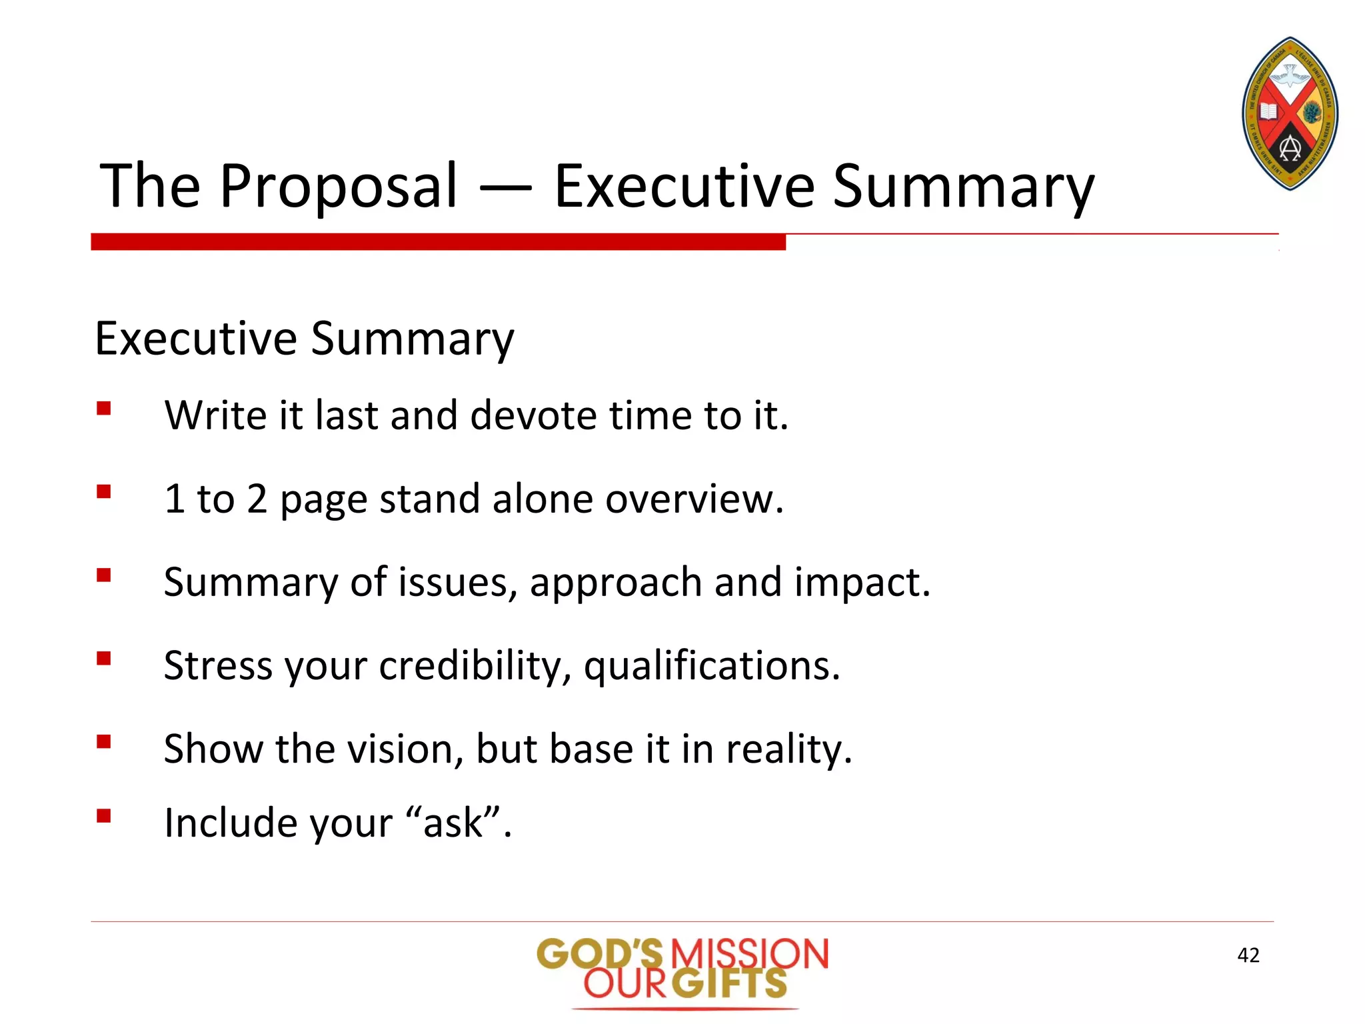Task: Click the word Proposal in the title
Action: click(339, 187)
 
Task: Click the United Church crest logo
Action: click(1290, 114)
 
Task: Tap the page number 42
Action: click(1248, 955)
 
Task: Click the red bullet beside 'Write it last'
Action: click(103, 408)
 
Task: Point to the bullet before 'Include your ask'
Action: click(103, 816)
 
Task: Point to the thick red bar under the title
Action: click(438, 242)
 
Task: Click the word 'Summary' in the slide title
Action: click(963, 187)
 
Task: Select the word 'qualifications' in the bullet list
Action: click(711, 665)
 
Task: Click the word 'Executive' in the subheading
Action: click(195, 338)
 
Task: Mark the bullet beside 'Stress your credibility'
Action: click(103, 659)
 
